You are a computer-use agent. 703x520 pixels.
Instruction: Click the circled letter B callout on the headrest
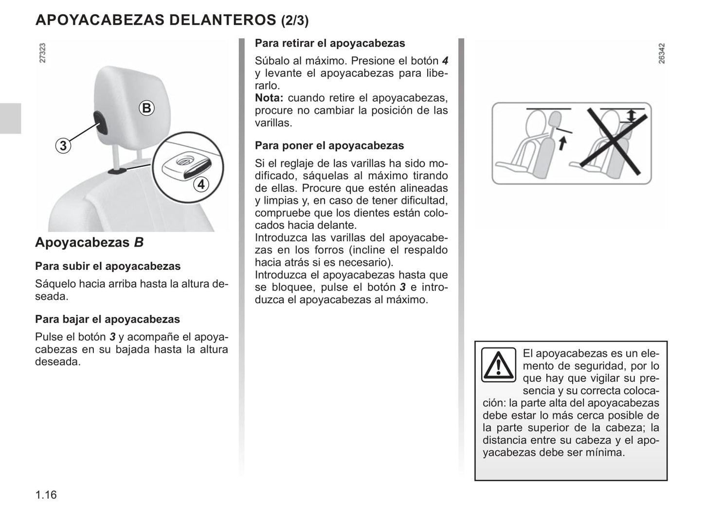(146, 107)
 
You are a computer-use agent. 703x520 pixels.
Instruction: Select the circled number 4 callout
(200, 184)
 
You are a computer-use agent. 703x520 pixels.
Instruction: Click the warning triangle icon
(498, 364)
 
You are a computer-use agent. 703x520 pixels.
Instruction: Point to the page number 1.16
(46, 495)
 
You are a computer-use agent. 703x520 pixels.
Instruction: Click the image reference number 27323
(42, 53)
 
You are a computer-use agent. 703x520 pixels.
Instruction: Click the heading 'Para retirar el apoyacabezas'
(330, 43)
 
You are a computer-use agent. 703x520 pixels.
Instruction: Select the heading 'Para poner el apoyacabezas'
(329, 146)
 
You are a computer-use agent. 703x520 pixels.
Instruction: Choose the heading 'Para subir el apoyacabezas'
(108, 266)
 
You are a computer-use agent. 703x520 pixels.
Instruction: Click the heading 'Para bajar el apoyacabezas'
(108, 319)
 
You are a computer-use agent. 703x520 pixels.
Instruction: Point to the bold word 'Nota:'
(269, 98)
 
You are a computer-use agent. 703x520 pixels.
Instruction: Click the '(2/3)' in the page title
(295, 20)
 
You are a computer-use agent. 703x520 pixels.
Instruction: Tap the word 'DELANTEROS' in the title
(222, 20)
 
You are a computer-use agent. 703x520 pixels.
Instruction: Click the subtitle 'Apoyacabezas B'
(89, 243)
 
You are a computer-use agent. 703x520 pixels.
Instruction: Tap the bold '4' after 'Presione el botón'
(445, 61)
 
